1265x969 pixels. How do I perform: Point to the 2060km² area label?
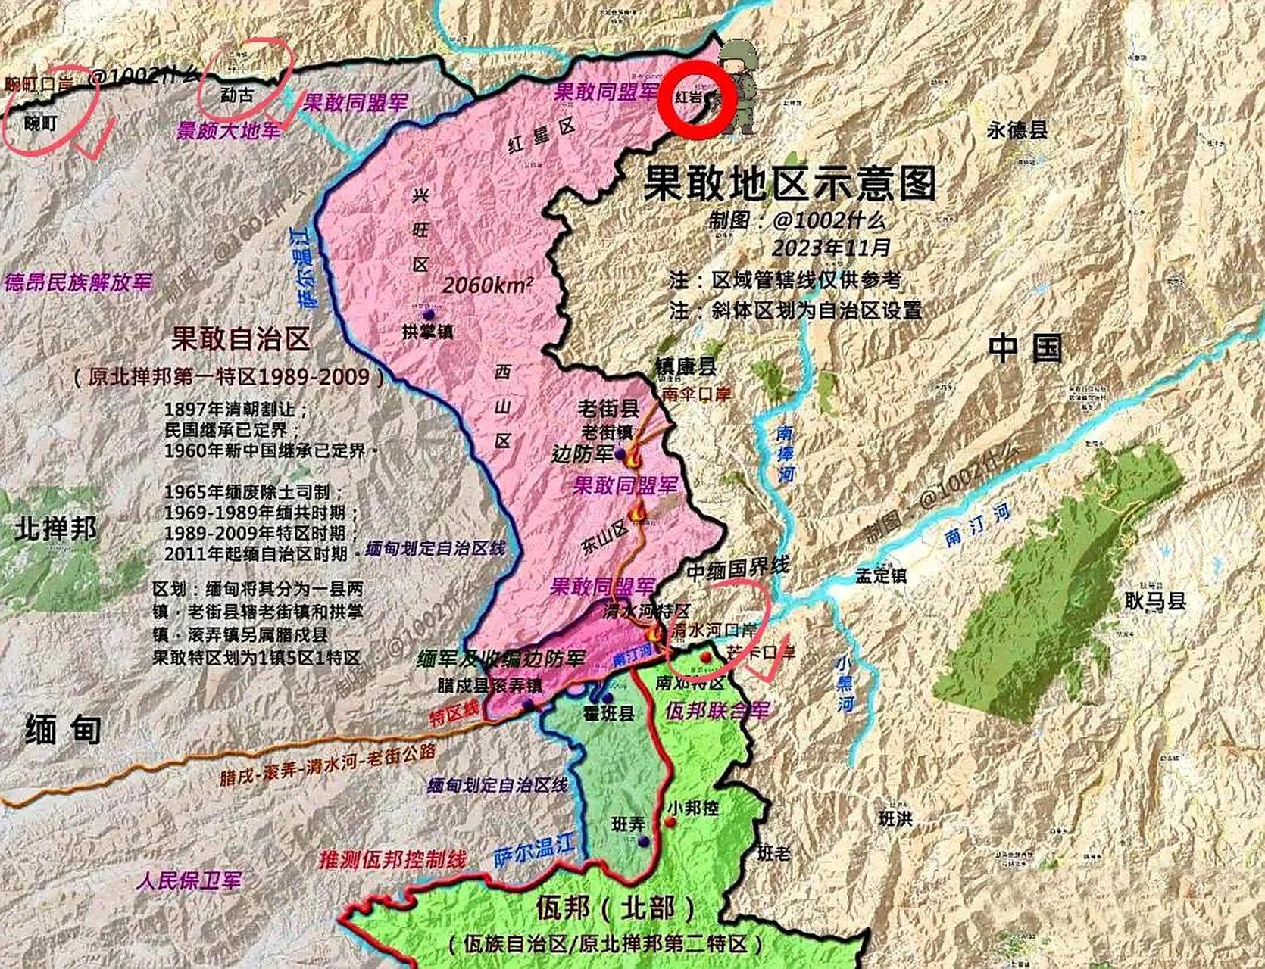(488, 286)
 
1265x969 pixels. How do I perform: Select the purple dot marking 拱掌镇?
(429, 313)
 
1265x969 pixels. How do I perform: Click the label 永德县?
(1017, 130)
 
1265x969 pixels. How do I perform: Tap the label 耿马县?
(1155, 602)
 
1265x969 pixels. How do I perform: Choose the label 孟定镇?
(881, 576)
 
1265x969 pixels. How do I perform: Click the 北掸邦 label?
(56, 528)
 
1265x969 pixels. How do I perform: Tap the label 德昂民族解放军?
(78, 283)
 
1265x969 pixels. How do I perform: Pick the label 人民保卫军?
(190, 880)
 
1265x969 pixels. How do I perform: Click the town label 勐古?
(236, 95)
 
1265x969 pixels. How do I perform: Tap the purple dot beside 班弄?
(643, 842)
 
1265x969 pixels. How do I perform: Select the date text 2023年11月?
(831, 248)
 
